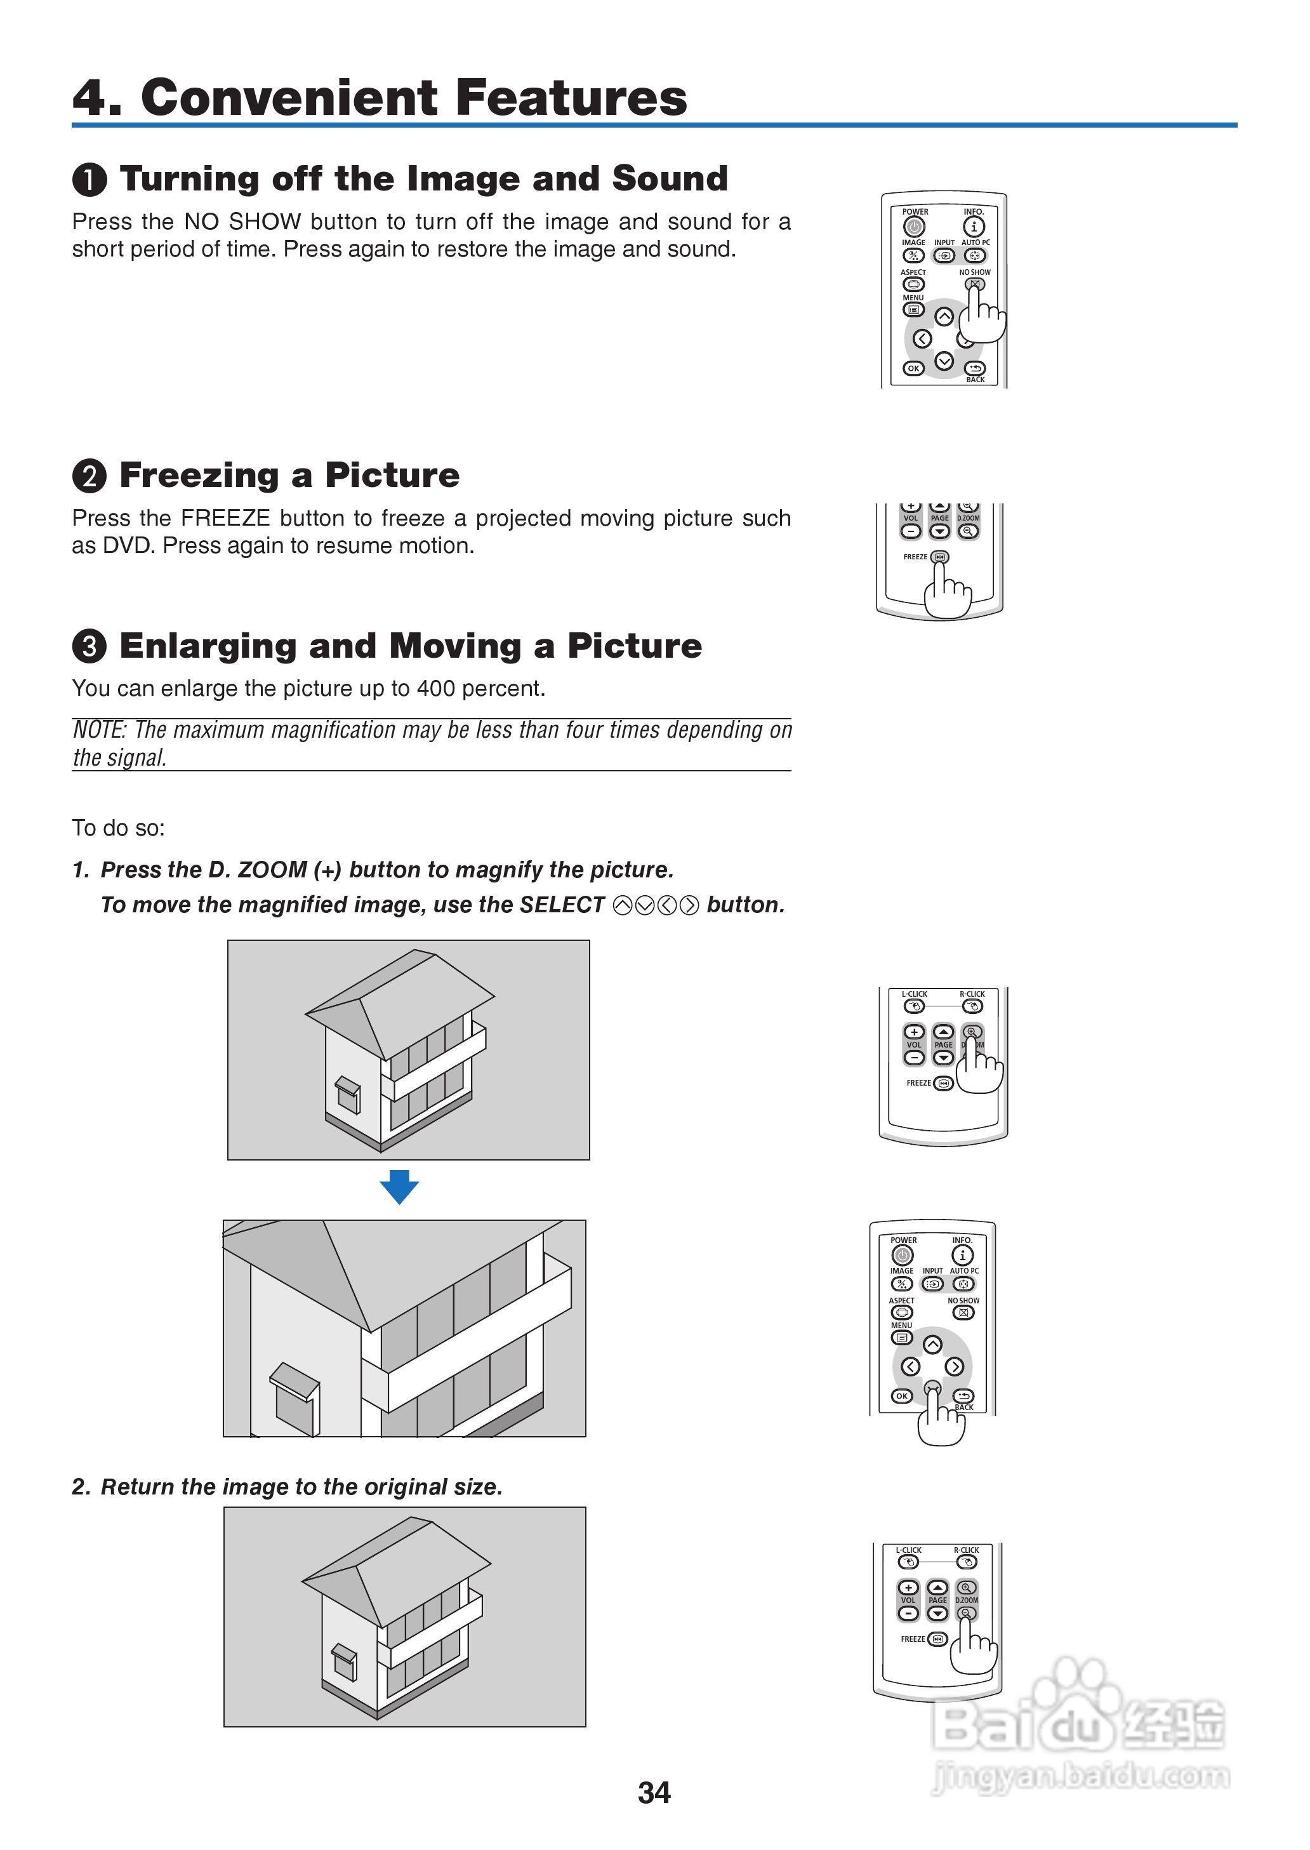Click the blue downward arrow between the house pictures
(399, 1186)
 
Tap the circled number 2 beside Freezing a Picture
(89, 476)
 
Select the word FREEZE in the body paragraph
(225, 518)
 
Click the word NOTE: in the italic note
(99, 730)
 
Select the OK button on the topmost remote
(913, 368)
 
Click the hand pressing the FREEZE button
(947, 593)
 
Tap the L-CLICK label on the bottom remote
(908, 1550)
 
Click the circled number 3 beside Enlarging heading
(89, 646)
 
